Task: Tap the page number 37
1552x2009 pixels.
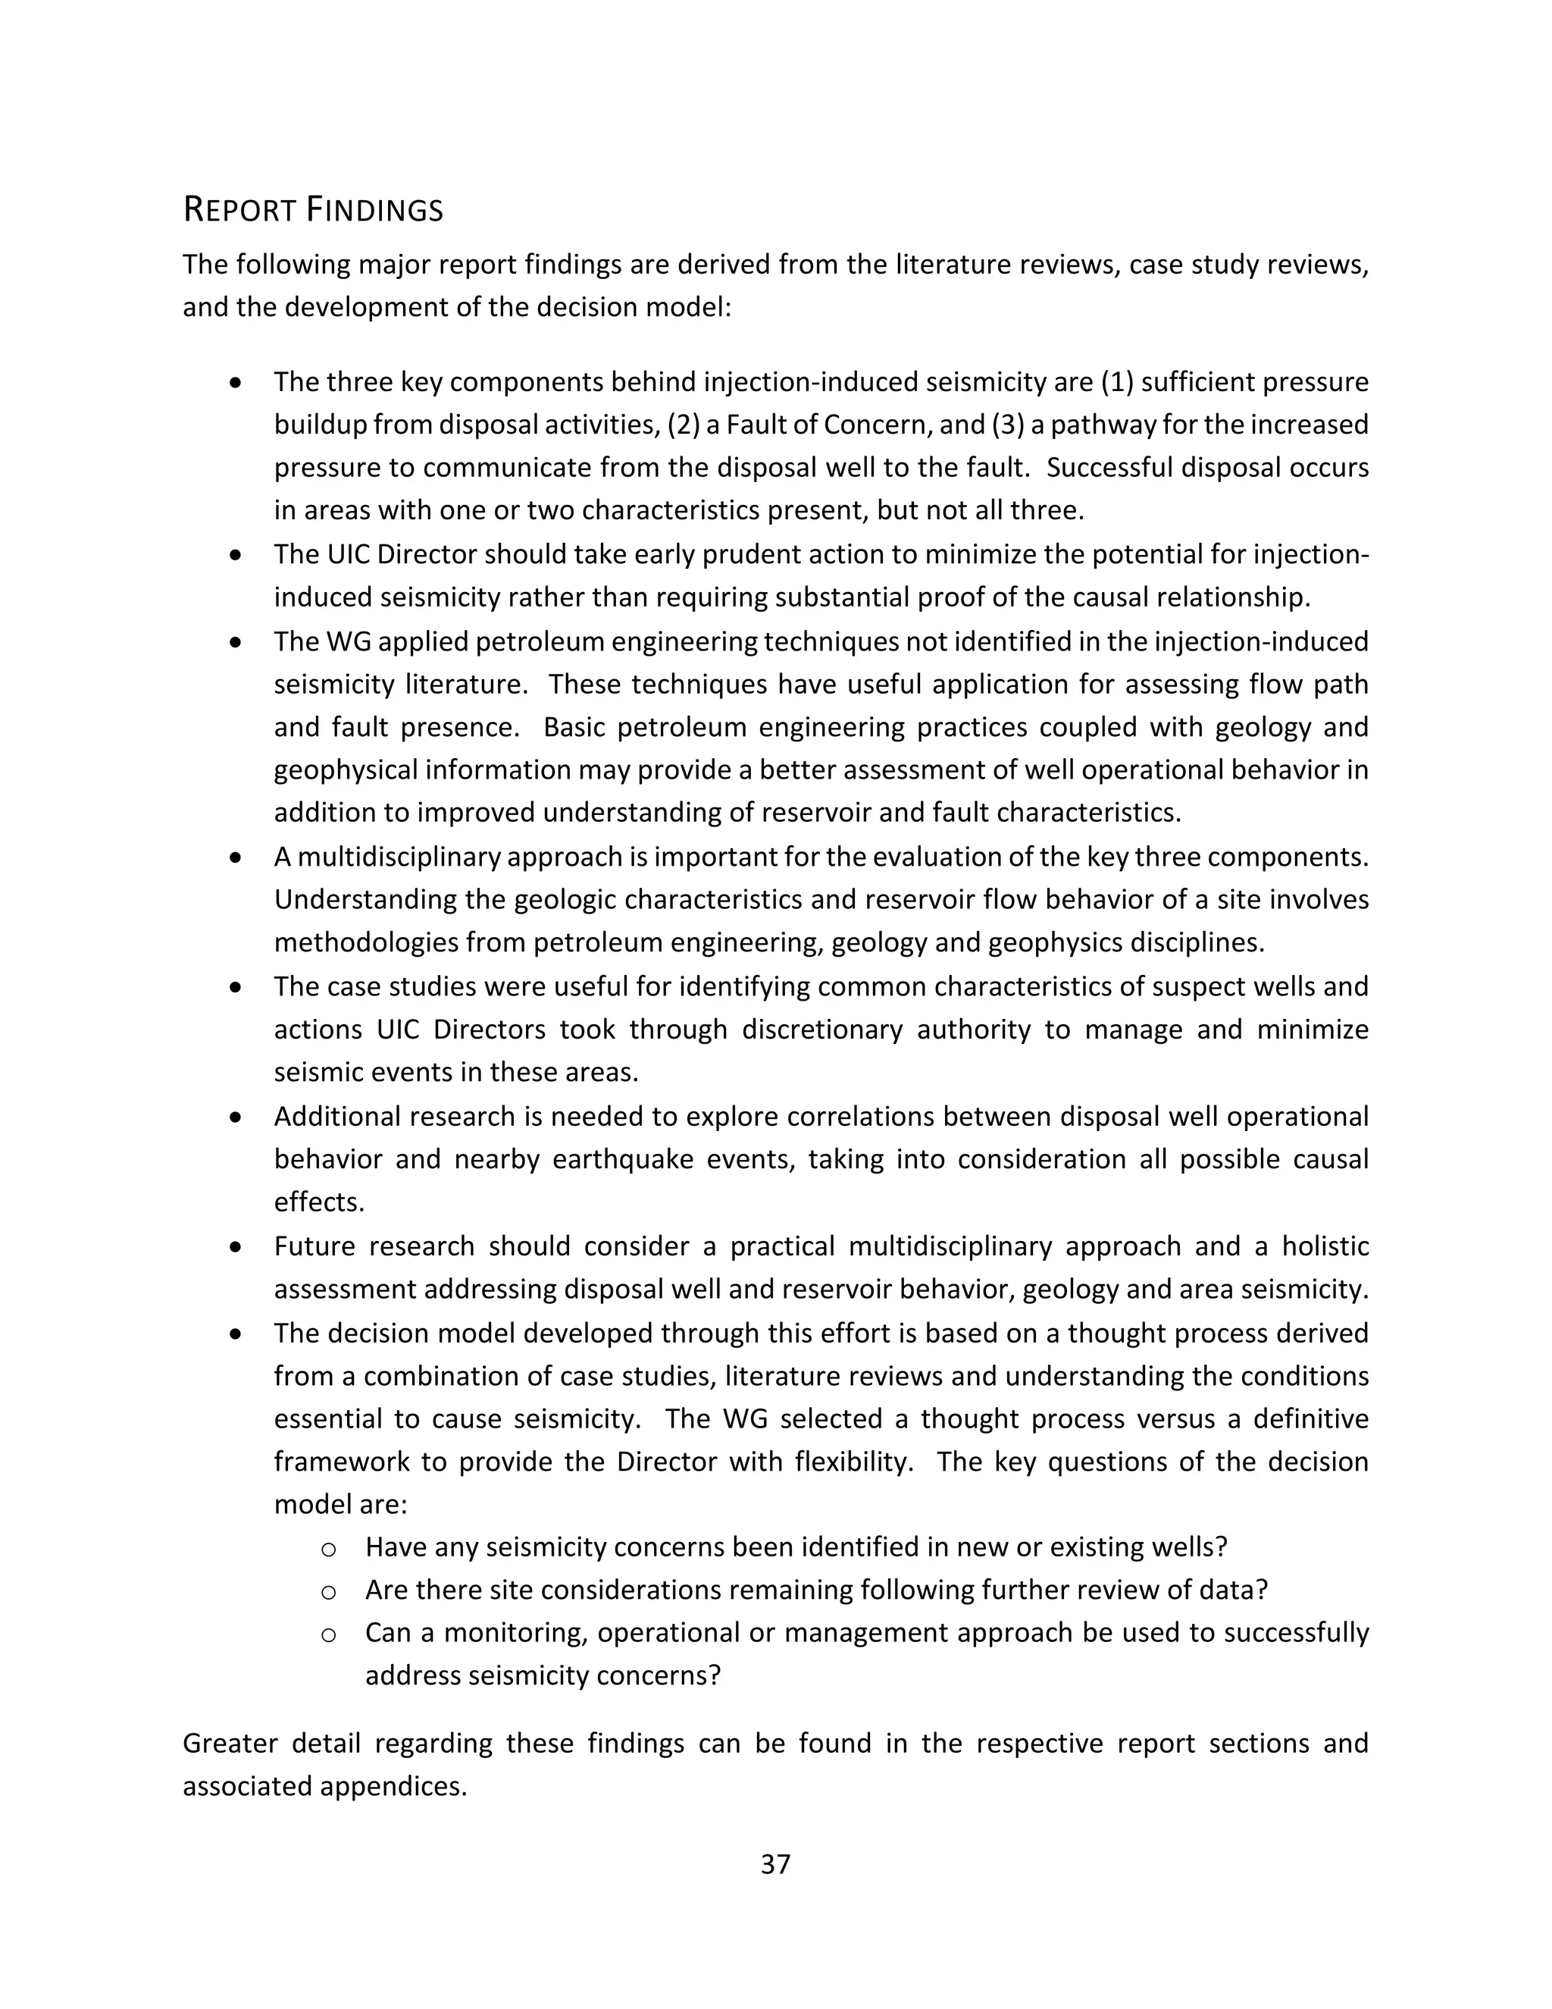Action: (x=775, y=1863)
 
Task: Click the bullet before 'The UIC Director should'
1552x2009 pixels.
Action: (x=237, y=556)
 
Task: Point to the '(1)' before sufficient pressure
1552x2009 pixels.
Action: (x=1115, y=382)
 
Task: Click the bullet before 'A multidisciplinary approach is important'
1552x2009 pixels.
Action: (x=237, y=857)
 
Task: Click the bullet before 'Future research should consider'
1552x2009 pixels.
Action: (x=237, y=1247)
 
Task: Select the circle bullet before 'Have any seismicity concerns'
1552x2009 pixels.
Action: (x=328, y=1549)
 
